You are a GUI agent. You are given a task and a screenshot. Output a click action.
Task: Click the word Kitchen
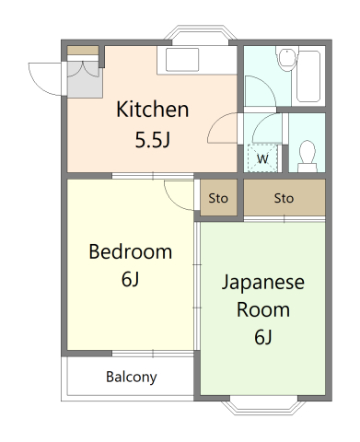[x=152, y=110]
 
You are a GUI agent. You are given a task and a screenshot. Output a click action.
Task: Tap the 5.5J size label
[x=153, y=140]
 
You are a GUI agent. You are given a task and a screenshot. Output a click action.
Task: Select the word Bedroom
[x=131, y=251]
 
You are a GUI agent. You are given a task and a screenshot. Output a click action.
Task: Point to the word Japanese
[x=263, y=283]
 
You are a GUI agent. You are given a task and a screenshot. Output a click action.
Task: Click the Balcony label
[x=132, y=377]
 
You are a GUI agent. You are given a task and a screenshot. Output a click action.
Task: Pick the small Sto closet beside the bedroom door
[x=218, y=198]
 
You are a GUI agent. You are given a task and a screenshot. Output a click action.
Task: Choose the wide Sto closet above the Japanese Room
[x=285, y=198]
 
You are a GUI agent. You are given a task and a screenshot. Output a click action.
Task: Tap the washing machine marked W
[x=262, y=158]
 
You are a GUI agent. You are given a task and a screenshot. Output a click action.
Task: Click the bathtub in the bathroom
[x=308, y=76]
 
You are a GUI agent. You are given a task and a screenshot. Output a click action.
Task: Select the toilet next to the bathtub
[x=287, y=58]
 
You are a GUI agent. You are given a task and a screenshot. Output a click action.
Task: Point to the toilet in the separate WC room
[x=308, y=157]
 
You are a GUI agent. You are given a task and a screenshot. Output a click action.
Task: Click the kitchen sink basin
[x=182, y=60]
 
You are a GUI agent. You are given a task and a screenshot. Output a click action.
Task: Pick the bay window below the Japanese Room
[x=264, y=406]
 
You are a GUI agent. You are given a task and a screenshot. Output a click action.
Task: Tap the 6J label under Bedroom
[x=131, y=279]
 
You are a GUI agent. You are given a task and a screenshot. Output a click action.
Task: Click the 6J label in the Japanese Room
[x=263, y=337]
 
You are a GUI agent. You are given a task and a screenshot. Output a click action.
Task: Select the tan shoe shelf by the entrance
[x=83, y=51]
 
